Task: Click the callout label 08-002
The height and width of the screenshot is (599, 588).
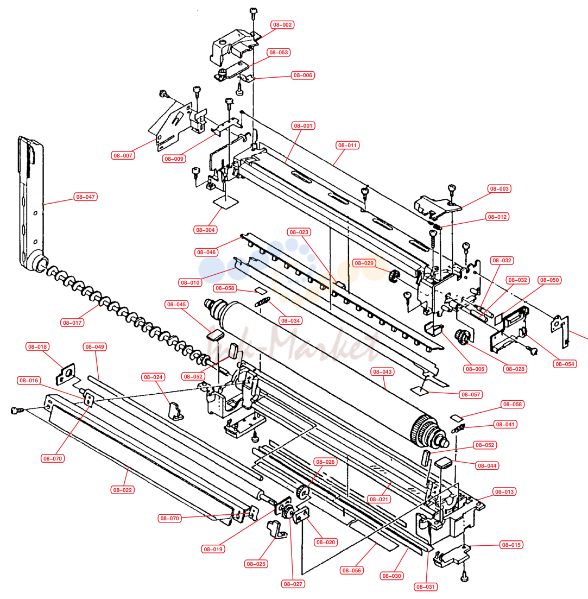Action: click(x=282, y=25)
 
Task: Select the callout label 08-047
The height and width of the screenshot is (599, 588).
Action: click(x=86, y=197)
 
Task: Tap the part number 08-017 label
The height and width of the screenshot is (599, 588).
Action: click(x=72, y=323)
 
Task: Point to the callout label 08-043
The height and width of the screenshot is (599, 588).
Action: click(x=382, y=371)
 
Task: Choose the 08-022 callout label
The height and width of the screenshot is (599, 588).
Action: click(x=123, y=490)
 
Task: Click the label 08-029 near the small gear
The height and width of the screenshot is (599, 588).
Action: click(x=364, y=263)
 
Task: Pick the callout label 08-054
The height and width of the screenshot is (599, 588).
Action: click(x=565, y=364)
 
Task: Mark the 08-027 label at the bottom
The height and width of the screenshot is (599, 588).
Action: click(x=293, y=584)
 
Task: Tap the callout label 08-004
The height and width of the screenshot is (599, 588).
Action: click(x=205, y=230)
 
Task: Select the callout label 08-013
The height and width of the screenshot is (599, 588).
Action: click(x=504, y=491)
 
